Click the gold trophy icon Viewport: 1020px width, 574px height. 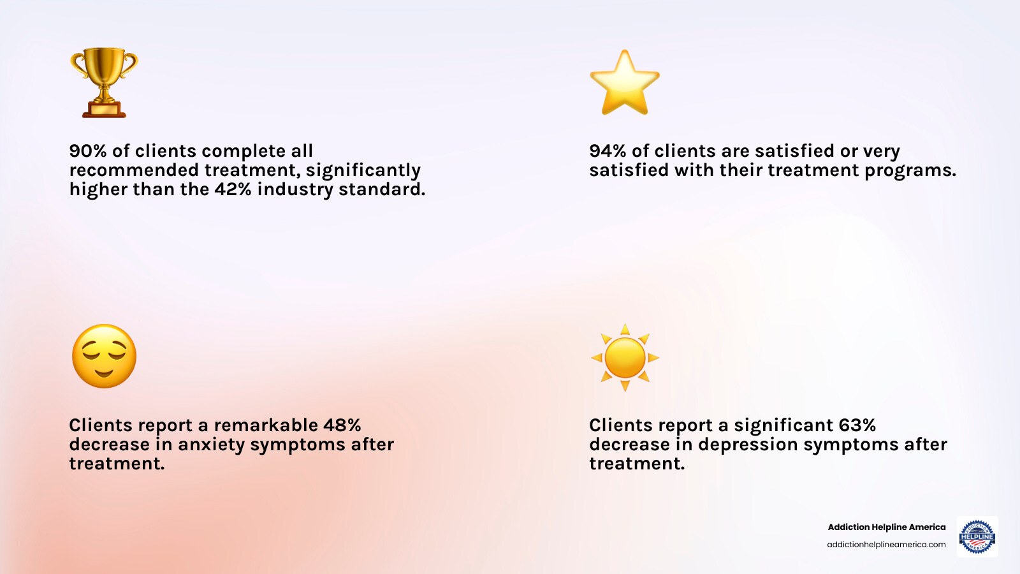[104, 82]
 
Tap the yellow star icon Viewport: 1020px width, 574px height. [625, 82]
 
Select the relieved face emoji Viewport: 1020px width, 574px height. [105, 357]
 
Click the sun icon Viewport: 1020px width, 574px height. [625, 358]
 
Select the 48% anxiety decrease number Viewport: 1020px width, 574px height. [342, 425]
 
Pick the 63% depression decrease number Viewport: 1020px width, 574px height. [857, 425]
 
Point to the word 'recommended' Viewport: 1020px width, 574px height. [134, 170]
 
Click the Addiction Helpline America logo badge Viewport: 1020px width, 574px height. [977, 536]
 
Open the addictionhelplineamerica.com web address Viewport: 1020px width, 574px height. [886, 545]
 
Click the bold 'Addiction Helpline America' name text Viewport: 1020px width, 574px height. [887, 527]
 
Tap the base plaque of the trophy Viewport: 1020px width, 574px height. [105, 110]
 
